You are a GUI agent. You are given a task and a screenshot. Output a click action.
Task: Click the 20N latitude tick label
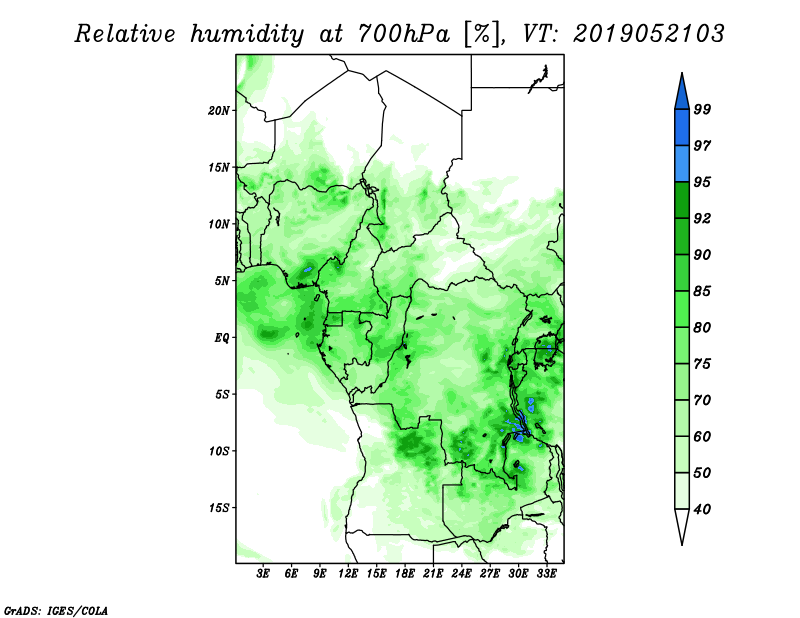point(218,111)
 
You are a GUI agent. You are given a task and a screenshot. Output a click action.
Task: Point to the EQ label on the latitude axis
point(222,338)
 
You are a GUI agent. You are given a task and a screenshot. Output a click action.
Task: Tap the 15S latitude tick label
point(218,508)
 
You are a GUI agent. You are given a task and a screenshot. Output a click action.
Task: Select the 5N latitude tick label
point(221,281)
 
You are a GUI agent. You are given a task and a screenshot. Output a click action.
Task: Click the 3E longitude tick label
point(263,573)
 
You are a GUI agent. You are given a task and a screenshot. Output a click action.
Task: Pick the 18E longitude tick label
point(405,573)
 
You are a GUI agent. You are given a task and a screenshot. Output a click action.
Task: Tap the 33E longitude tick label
point(546,573)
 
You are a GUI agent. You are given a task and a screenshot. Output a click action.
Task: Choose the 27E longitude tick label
point(490,573)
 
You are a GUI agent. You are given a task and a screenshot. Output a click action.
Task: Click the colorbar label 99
point(702,109)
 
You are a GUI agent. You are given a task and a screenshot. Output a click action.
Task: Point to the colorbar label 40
point(702,509)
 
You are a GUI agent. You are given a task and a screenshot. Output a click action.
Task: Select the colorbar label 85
point(702,291)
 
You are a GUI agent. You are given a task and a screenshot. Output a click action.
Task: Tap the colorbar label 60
point(702,436)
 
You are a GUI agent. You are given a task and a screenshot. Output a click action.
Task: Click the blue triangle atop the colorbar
point(682,94)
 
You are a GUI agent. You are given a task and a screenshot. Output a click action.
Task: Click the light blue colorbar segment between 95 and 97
point(682,164)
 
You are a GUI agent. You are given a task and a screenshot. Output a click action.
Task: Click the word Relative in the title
point(126,34)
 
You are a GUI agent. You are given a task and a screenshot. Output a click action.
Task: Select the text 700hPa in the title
point(404,34)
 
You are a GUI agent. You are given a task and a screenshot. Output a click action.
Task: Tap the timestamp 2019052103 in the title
point(648,34)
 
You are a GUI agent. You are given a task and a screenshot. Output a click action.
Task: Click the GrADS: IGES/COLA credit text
point(56,610)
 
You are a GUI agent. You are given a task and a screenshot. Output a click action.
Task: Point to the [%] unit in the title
point(482,34)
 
